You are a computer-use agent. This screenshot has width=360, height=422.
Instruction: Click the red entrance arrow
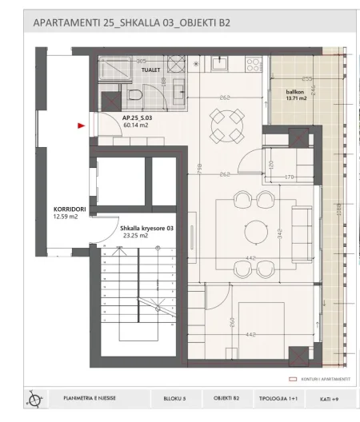pos(79,125)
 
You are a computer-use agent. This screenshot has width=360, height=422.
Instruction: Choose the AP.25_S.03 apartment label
pos(138,117)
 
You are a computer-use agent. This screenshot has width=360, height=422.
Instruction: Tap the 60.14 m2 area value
pos(134,125)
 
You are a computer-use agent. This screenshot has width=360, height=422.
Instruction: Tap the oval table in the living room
pos(255,230)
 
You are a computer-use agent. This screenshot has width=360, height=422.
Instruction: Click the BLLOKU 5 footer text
pos(174,397)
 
